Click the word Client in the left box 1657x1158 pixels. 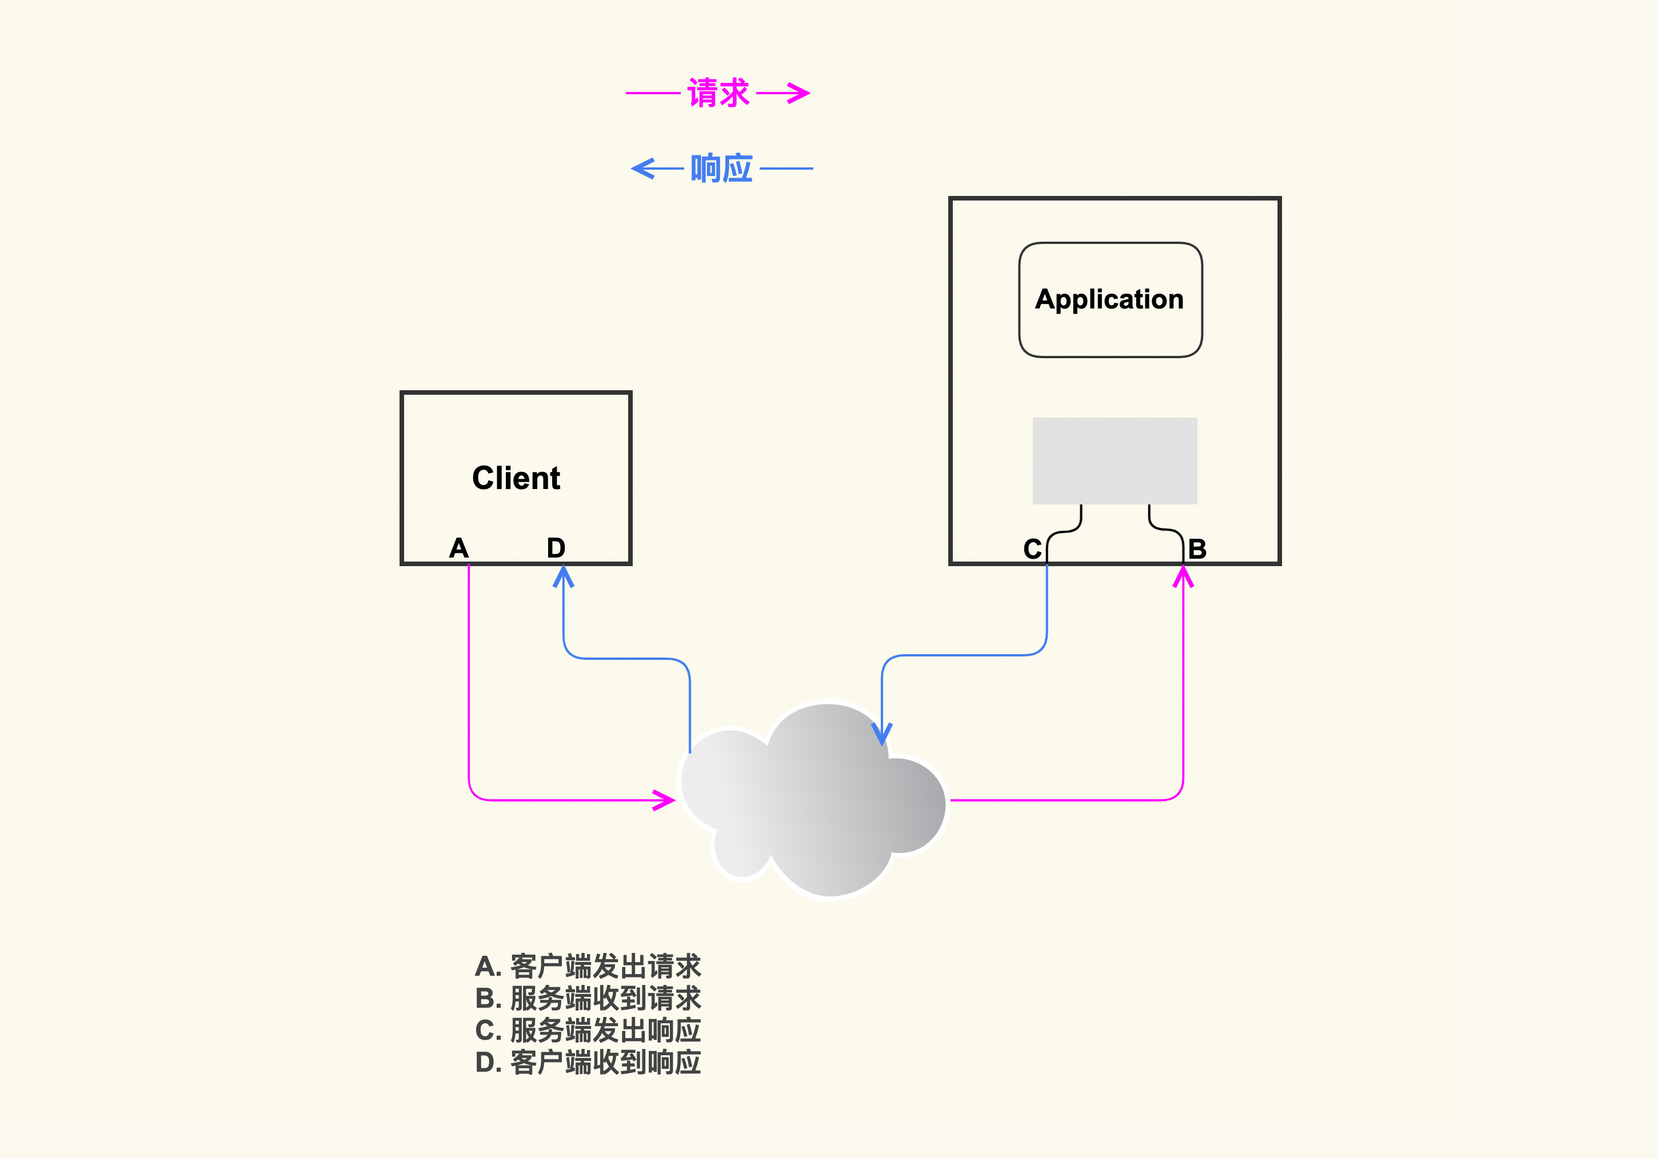tap(516, 478)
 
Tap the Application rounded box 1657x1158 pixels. tap(1110, 299)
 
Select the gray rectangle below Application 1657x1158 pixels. tap(1115, 460)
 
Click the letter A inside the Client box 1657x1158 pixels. tap(459, 548)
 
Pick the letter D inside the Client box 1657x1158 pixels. tap(556, 548)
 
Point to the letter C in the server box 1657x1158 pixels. tap(1032, 550)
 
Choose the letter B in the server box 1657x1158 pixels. tap(1197, 550)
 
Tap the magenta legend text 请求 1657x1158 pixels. tap(718, 93)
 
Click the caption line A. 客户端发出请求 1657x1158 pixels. tap(588, 966)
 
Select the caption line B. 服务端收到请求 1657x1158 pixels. tap(588, 999)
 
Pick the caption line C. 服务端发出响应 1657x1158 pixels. tap(588, 1030)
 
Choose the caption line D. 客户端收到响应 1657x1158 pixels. tap(588, 1062)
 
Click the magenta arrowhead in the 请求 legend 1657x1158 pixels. tap(800, 93)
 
